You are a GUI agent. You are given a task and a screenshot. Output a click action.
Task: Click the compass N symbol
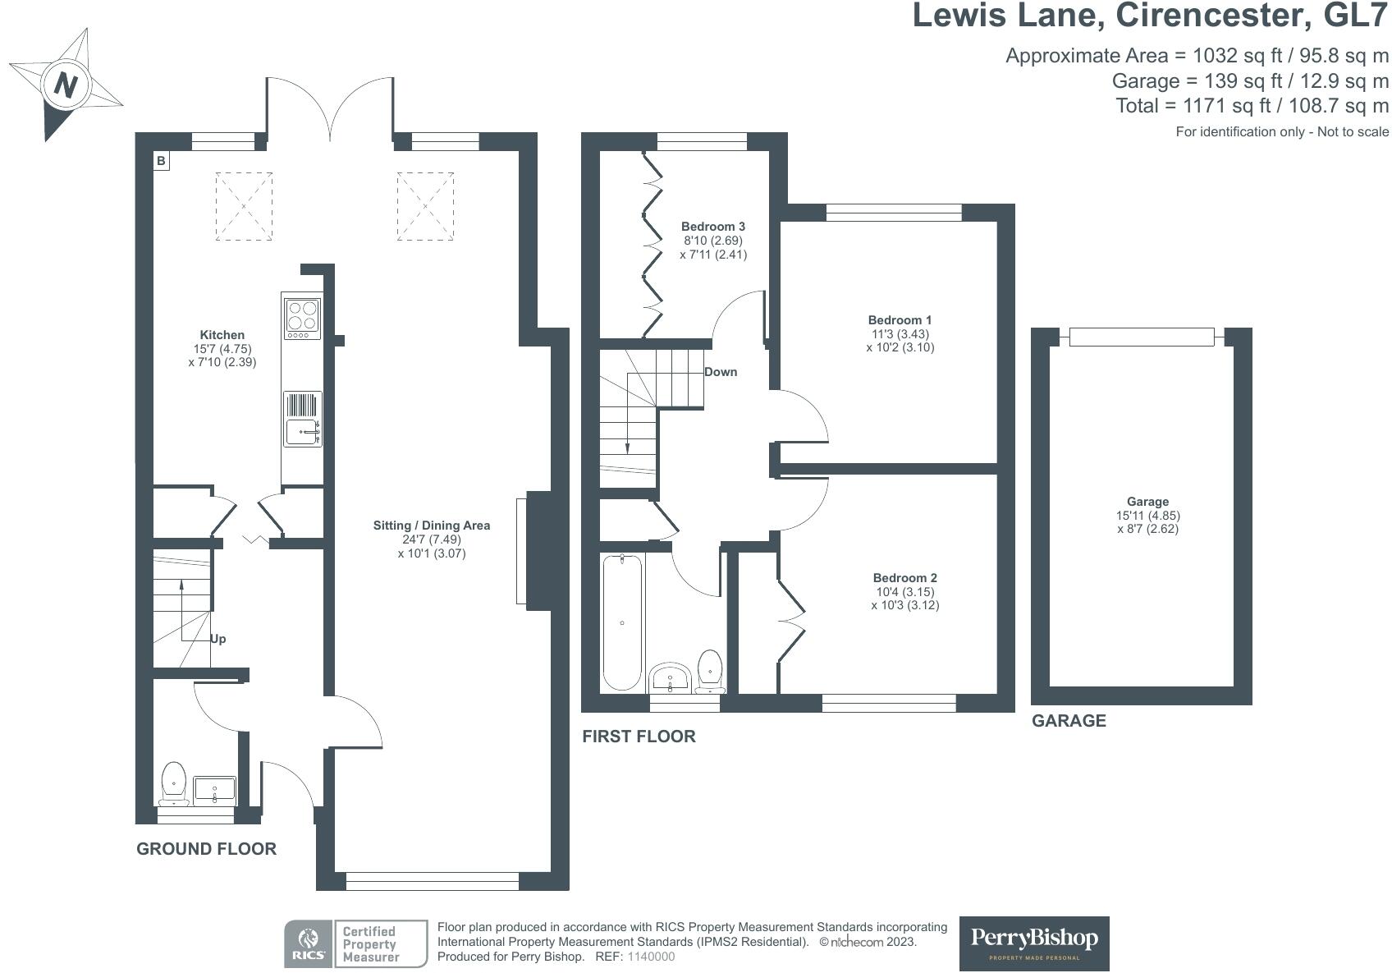(66, 84)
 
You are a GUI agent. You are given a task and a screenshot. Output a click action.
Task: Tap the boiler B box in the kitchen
(161, 161)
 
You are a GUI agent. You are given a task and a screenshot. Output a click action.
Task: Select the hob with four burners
(303, 319)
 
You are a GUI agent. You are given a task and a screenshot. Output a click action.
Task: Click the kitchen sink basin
(303, 431)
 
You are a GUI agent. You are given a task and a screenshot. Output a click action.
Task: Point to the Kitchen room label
(222, 334)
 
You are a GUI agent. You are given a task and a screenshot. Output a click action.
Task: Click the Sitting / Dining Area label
(431, 526)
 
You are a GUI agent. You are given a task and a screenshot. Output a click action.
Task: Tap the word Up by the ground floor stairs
(218, 639)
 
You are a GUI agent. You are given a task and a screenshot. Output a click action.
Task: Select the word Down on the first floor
(721, 372)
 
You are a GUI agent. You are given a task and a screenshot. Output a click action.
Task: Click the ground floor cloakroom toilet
(174, 783)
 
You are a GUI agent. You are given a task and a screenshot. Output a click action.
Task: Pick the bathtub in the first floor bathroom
(622, 622)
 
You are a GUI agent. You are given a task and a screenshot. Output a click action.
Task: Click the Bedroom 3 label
(712, 227)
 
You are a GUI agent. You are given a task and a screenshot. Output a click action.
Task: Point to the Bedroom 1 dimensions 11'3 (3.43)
(900, 334)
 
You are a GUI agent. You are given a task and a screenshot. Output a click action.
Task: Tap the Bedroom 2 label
(904, 577)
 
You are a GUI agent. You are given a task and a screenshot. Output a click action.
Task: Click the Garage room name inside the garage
(1147, 501)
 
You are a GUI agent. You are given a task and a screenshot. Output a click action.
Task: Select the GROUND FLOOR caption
(206, 849)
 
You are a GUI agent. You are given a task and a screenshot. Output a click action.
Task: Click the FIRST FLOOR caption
(639, 737)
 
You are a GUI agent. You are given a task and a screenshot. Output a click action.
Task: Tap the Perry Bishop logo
(1034, 943)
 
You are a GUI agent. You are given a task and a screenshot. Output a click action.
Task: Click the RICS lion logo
(309, 943)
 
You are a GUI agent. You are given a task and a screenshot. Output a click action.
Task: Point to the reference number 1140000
(651, 957)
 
